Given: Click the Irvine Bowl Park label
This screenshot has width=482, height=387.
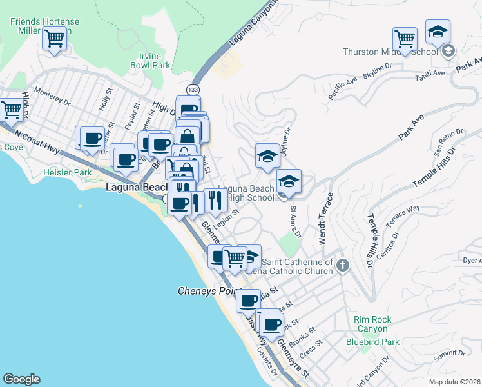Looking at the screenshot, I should coord(150,61).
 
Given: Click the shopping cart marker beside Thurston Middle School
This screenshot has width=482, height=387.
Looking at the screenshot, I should coord(405,39).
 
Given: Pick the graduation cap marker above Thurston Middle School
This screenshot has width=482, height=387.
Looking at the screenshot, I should coord(438,32).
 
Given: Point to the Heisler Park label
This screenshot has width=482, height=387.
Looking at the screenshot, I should coord(67,173).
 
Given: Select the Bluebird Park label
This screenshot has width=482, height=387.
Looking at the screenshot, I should coord(372,342).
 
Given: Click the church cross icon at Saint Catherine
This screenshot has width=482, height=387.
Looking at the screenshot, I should coord(343,264).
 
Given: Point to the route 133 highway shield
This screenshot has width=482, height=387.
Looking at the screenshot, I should coord(193,88).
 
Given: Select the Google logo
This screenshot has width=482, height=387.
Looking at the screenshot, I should coord(21,379).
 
